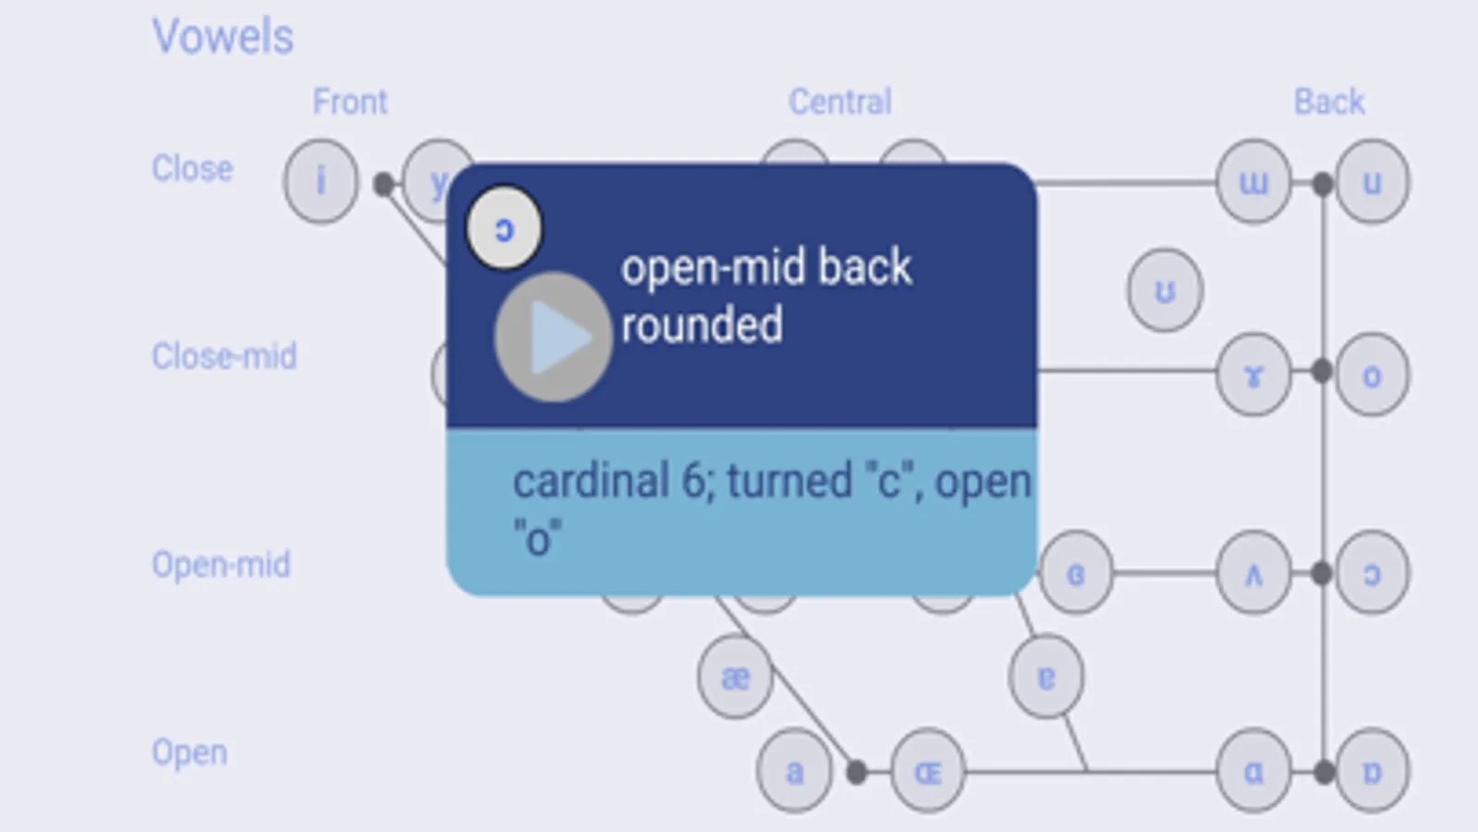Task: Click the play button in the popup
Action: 553,337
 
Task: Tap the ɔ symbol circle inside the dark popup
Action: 504,228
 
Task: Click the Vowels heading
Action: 223,37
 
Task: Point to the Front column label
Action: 349,102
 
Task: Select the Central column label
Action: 839,102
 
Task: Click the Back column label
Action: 1328,102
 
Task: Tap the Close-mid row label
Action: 224,356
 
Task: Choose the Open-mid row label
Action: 221,564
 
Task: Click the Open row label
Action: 189,752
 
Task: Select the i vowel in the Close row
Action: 321,181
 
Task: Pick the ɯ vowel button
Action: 1253,182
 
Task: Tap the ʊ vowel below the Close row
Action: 1165,291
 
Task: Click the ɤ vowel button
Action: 1253,374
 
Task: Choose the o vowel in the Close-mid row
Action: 1372,374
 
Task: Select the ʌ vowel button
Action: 1253,574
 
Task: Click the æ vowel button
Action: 735,678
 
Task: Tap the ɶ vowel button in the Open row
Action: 927,771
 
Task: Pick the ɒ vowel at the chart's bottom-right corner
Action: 1372,771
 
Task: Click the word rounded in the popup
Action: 702,325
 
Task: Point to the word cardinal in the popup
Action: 591,481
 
